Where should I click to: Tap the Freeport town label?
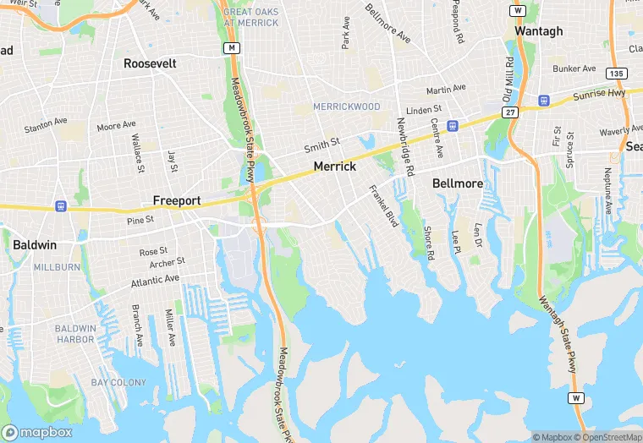coord(177,200)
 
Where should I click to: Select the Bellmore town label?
coord(457,183)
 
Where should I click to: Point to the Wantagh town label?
coord(539,30)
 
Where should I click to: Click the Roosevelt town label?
coord(149,63)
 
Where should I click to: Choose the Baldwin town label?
coord(35,245)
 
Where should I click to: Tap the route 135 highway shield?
coord(617,74)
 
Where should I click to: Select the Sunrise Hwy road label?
coord(600,94)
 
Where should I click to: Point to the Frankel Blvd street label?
coord(382,206)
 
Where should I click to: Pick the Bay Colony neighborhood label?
coord(118,383)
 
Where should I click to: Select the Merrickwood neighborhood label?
coord(347,107)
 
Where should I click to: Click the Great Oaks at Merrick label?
coord(251,17)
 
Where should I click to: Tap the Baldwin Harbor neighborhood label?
coord(75,334)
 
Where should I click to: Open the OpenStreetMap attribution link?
coord(607,437)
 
